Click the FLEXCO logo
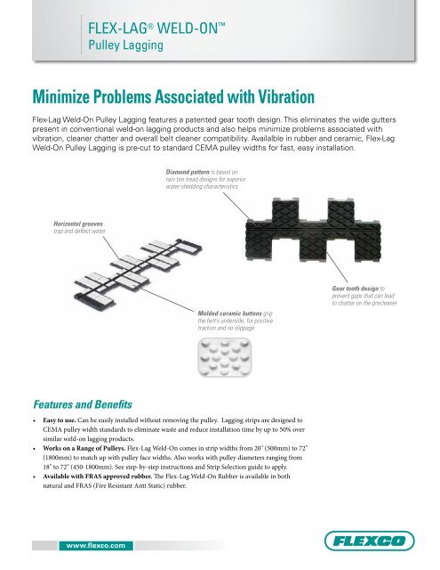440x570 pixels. (369, 541)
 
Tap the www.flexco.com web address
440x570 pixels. (96, 545)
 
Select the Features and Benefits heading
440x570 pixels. (83, 404)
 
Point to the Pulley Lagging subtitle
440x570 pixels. (125, 45)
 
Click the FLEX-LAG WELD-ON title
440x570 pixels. (156, 28)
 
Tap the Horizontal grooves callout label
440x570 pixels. (78, 224)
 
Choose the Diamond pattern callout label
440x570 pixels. (188, 172)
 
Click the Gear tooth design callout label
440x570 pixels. (356, 289)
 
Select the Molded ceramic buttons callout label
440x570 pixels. (230, 313)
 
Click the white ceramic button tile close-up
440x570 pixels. (225, 357)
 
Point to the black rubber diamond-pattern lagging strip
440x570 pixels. (313, 231)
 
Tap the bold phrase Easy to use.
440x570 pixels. (60, 420)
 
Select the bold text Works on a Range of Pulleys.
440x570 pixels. (84, 448)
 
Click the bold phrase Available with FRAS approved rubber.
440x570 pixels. (98, 476)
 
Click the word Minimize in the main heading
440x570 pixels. (61, 97)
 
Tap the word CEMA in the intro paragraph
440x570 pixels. (206, 148)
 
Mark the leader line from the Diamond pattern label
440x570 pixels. (236, 206)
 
